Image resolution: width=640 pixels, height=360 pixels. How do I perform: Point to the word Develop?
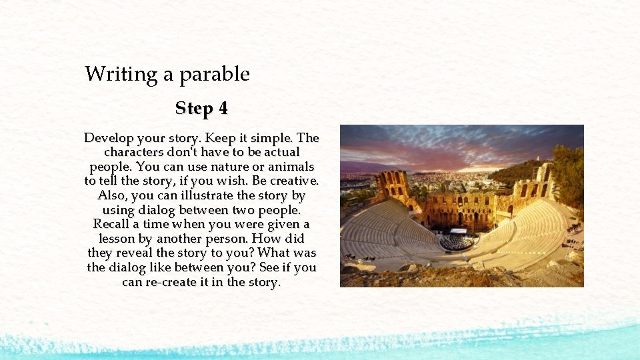[108, 139]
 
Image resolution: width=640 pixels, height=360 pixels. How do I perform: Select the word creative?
[293, 181]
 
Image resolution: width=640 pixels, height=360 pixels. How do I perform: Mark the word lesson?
[117, 239]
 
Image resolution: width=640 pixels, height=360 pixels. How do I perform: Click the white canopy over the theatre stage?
[459, 231]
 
